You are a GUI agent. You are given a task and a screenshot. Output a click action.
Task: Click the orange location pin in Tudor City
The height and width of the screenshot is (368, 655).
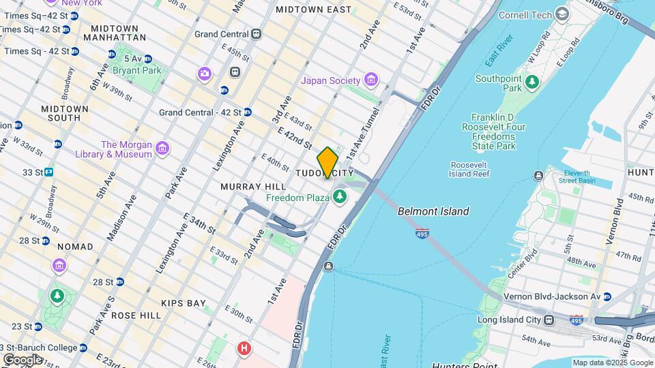(327, 162)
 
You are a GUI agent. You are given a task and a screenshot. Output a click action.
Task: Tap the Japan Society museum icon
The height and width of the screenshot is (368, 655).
(370, 80)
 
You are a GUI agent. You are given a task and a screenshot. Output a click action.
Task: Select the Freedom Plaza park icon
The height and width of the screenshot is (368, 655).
(340, 198)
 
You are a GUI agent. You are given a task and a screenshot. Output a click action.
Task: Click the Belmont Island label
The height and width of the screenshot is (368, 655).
(433, 211)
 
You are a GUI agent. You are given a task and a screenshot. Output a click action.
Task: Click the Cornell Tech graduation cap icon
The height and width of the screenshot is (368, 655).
(562, 14)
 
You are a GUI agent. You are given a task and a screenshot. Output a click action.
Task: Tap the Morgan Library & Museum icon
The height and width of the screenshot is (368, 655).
(162, 149)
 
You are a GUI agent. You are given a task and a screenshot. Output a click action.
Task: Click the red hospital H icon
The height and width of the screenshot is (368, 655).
(244, 350)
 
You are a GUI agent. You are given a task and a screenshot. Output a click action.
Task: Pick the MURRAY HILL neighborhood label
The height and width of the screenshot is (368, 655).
(244, 187)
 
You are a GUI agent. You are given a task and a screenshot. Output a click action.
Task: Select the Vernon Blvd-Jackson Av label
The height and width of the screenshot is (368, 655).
(551, 296)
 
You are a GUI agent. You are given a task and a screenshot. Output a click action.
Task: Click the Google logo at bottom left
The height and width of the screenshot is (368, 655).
(22, 359)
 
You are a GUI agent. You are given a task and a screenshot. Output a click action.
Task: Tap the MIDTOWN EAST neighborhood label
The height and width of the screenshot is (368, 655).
(313, 10)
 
